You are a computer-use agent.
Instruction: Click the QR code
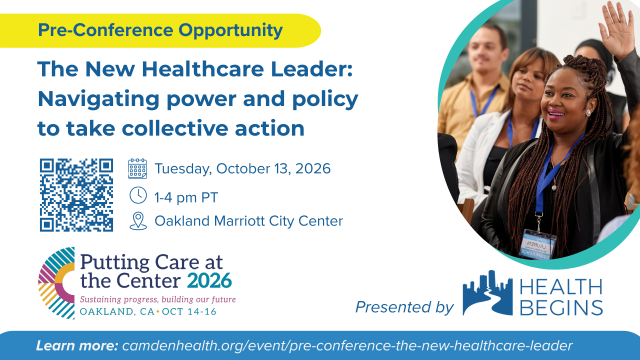pos(76,195)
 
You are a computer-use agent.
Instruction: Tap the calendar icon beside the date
pos(138,169)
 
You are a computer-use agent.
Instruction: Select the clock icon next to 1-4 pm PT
pos(138,196)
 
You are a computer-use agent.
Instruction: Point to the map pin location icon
pos(138,221)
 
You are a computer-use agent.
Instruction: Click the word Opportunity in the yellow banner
pos(230,31)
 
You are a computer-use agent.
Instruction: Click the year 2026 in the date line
pos(313,169)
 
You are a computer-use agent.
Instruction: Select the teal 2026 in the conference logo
pos(209,281)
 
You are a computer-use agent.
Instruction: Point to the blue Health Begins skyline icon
pos(487,292)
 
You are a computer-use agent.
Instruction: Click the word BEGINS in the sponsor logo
pos(561,307)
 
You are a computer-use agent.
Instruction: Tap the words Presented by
pos(404,307)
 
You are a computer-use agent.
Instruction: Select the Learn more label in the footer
pos(77,346)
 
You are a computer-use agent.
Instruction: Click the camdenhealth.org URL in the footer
pos(347,346)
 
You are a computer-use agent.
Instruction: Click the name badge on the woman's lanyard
pos(538,244)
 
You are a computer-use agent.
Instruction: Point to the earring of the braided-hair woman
pos(588,113)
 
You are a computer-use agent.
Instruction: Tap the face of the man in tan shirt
pos(486,50)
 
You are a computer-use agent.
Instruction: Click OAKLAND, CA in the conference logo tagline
pos(117,312)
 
